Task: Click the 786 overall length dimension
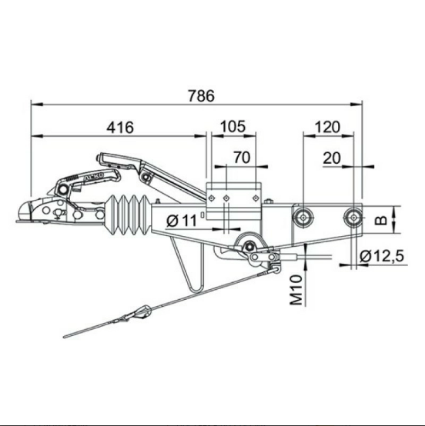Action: coord(202,95)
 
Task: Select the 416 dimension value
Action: coord(120,127)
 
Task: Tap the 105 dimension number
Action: coord(233,126)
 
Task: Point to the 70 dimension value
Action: coord(242,158)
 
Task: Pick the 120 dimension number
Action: coord(327,127)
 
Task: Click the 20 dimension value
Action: coord(332,158)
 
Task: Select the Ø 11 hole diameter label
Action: coord(182,221)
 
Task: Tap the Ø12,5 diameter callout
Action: coord(382,256)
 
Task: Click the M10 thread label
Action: coord(296,290)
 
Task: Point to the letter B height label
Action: coord(381,220)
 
